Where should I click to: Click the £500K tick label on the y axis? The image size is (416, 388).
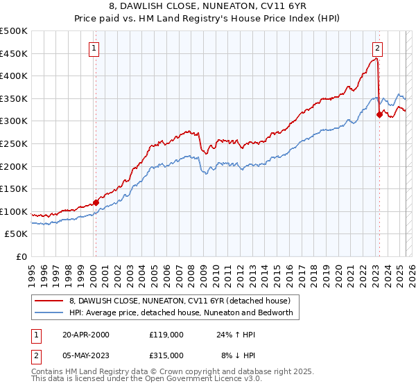[x=14, y=31]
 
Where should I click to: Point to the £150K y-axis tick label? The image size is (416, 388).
[x=14, y=188]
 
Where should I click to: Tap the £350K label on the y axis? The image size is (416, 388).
[x=14, y=98]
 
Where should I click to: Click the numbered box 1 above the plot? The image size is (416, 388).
[x=94, y=48]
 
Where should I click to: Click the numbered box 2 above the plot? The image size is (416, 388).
[x=377, y=48]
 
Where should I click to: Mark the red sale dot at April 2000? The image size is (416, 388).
[x=96, y=202]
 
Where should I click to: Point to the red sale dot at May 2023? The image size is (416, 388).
[x=379, y=114]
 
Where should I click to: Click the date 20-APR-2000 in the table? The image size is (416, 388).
[x=86, y=335]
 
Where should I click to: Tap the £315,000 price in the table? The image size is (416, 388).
[x=166, y=355]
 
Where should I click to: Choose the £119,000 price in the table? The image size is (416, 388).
[x=166, y=335]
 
